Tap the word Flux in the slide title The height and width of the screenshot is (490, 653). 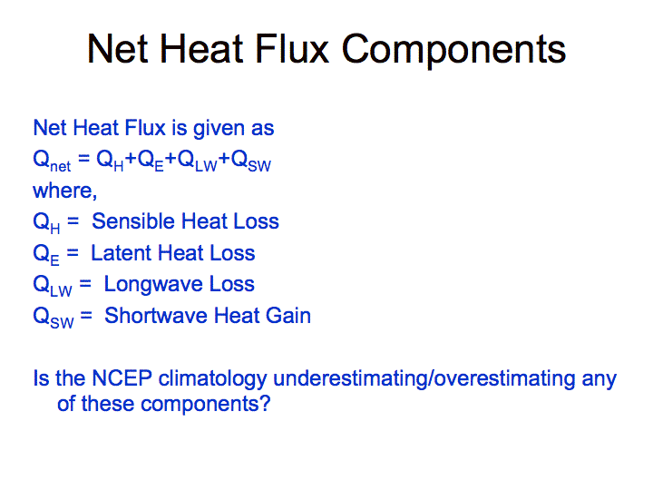pyautogui.click(x=292, y=49)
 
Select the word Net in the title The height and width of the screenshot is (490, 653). pyautogui.click(x=117, y=49)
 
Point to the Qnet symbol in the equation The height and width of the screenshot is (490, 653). pyautogui.click(x=52, y=162)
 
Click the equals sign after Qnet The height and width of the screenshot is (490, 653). pyautogui.click(x=83, y=158)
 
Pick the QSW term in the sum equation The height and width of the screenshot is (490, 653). pyautogui.click(x=251, y=161)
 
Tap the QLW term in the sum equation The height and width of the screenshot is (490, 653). pyautogui.click(x=198, y=161)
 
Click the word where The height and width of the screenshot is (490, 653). pyautogui.click(x=64, y=191)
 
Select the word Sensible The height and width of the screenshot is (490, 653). pyautogui.click(x=133, y=220)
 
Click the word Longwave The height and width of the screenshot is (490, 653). pyautogui.click(x=153, y=285)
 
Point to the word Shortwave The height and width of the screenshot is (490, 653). pyautogui.click(x=156, y=316)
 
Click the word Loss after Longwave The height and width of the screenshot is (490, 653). pyautogui.click(x=231, y=284)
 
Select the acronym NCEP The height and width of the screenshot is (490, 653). pyautogui.click(x=122, y=378)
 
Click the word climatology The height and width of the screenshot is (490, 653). pyautogui.click(x=213, y=379)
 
